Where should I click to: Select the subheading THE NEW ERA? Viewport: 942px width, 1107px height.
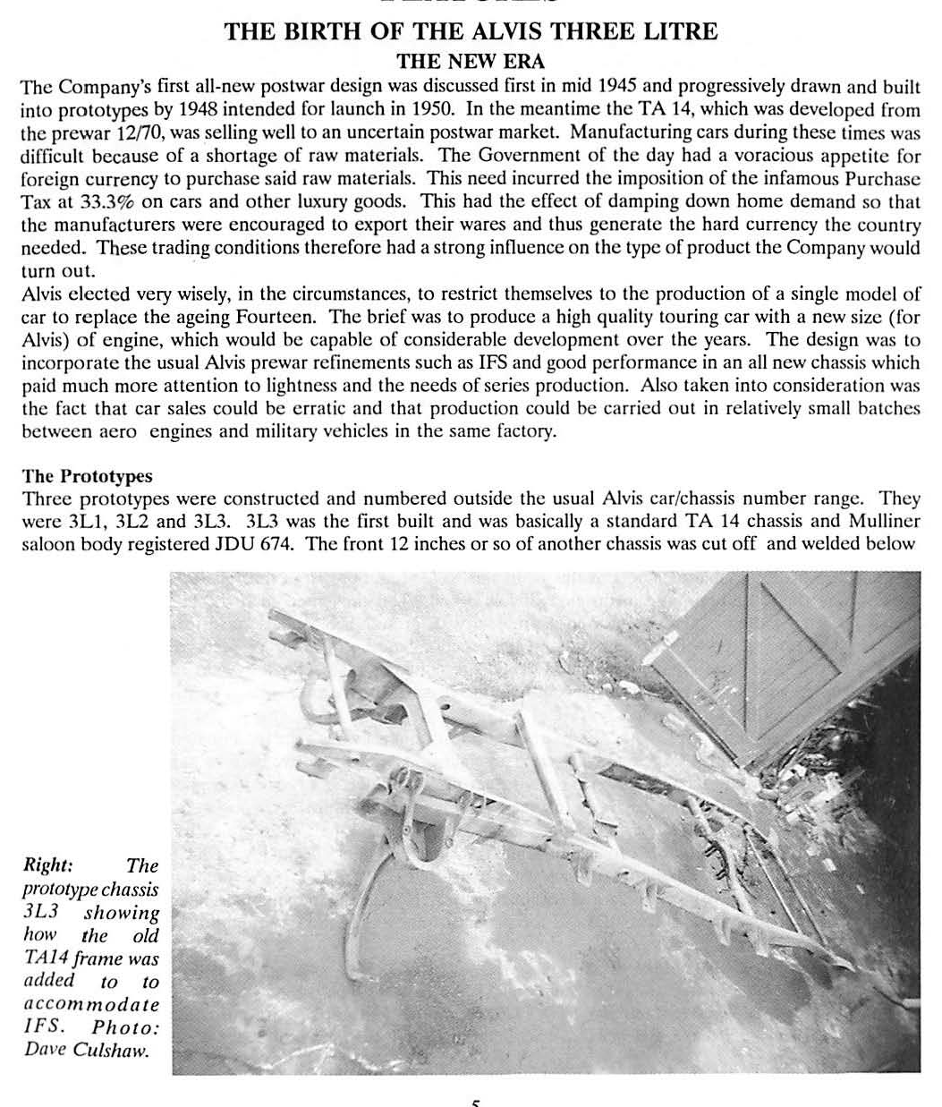[470, 62]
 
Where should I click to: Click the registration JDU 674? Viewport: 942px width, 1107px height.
[254, 544]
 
